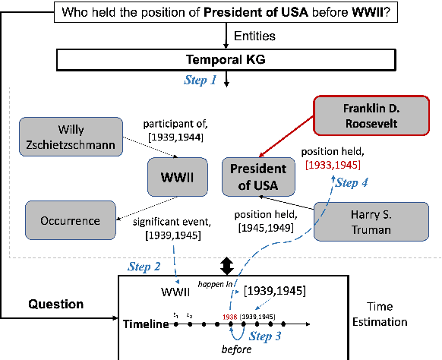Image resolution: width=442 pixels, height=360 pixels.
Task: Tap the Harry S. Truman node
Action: [x=359, y=220]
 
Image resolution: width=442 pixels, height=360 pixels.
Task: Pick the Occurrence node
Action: [x=71, y=221]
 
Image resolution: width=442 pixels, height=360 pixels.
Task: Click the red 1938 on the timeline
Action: [x=230, y=315]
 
